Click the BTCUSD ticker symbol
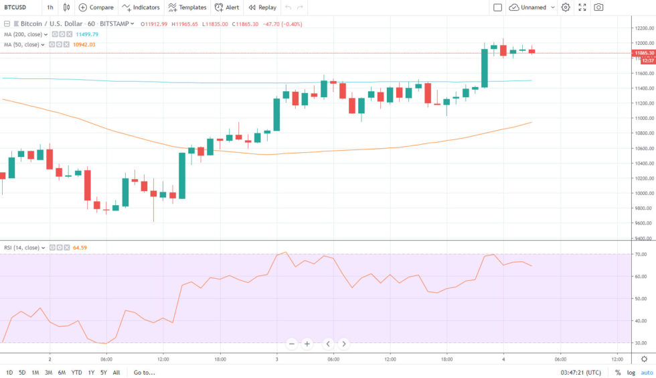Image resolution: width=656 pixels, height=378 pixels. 15,7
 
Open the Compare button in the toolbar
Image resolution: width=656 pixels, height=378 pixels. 96,7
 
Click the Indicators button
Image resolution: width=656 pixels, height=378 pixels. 141,7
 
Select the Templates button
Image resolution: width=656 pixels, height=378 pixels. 187,7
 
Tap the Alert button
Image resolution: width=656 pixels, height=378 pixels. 227,7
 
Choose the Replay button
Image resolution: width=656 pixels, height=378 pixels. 262,7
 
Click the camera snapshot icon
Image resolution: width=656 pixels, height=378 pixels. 598,7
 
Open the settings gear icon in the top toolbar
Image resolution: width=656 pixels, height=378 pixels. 566,7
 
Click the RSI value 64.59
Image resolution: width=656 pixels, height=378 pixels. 80,248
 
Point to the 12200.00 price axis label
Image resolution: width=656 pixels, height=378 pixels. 644,28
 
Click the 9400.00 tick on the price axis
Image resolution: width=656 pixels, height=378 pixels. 644,239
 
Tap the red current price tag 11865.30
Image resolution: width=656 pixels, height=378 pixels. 643,52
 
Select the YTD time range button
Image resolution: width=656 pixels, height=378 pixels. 77,373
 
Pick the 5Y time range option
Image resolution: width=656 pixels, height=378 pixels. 104,373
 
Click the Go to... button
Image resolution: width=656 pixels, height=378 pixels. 144,373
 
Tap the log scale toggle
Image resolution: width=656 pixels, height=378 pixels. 631,373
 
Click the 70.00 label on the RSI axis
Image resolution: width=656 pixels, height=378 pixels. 641,255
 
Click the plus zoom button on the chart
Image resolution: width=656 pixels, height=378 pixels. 307,344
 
